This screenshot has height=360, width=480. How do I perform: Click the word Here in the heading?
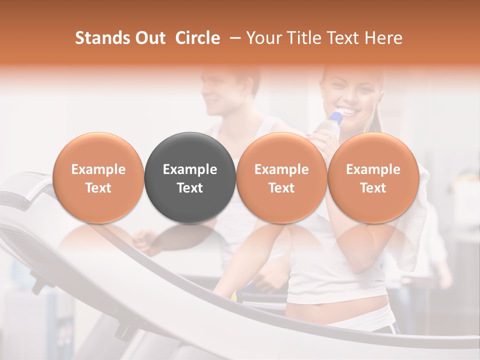(383, 38)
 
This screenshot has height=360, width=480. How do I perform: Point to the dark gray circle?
(190, 178)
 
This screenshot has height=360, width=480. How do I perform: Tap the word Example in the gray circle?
(190, 169)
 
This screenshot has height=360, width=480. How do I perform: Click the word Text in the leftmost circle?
(98, 188)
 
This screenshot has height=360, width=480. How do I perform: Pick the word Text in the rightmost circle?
(373, 188)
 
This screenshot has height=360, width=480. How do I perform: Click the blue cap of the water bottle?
(337, 118)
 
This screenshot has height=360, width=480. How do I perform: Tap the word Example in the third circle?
(281, 169)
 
